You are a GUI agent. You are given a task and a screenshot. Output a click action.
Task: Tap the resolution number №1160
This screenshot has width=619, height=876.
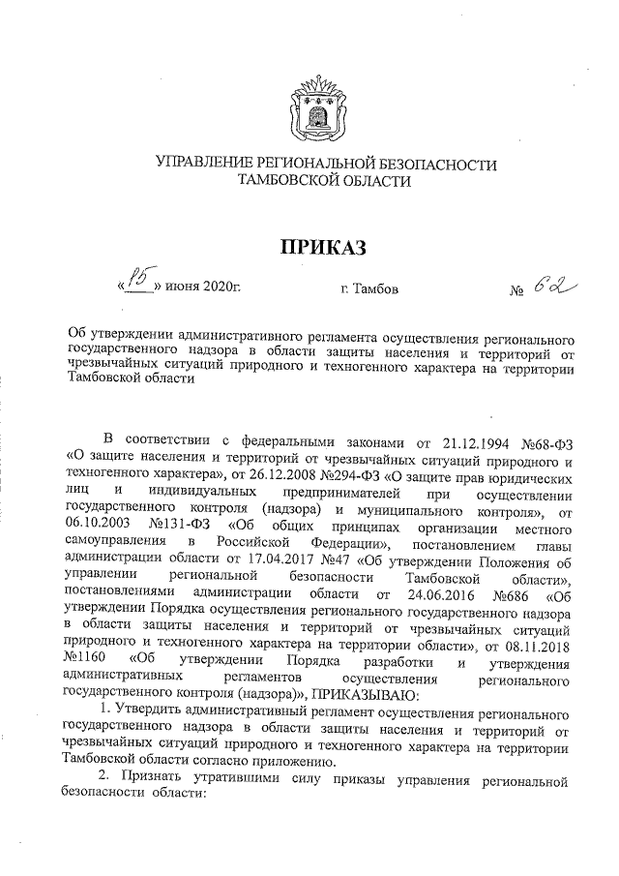point(83,669)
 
